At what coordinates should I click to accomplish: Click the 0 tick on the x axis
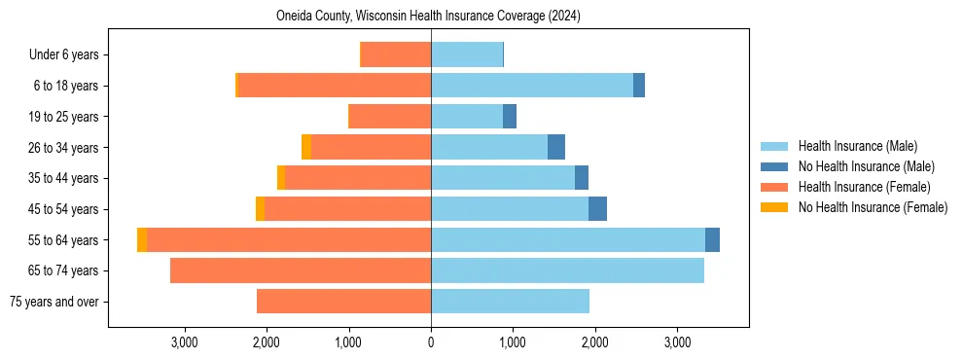pos(431,342)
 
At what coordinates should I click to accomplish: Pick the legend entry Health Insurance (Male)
pos(857,146)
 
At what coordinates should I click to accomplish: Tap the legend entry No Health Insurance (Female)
pos(873,207)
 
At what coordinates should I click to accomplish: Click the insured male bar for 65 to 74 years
pos(567,270)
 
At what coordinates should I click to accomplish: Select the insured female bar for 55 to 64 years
pos(289,240)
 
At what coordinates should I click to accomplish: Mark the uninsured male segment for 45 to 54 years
pos(597,209)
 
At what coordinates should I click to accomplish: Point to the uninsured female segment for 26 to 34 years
pos(306,148)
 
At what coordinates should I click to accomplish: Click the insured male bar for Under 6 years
pos(467,55)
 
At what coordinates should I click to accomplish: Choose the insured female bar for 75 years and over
pos(343,302)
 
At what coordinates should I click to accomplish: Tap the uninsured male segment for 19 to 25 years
pos(510,117)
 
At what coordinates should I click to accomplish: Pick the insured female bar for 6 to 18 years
pos(335,86)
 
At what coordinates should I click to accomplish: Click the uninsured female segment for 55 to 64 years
pos(142,240)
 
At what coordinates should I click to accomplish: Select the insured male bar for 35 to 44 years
pos(503,178)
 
